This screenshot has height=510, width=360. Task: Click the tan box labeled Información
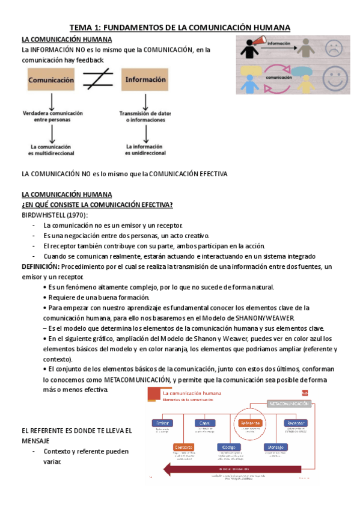pos(145,79)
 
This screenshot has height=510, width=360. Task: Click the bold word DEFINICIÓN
pos(40,266)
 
